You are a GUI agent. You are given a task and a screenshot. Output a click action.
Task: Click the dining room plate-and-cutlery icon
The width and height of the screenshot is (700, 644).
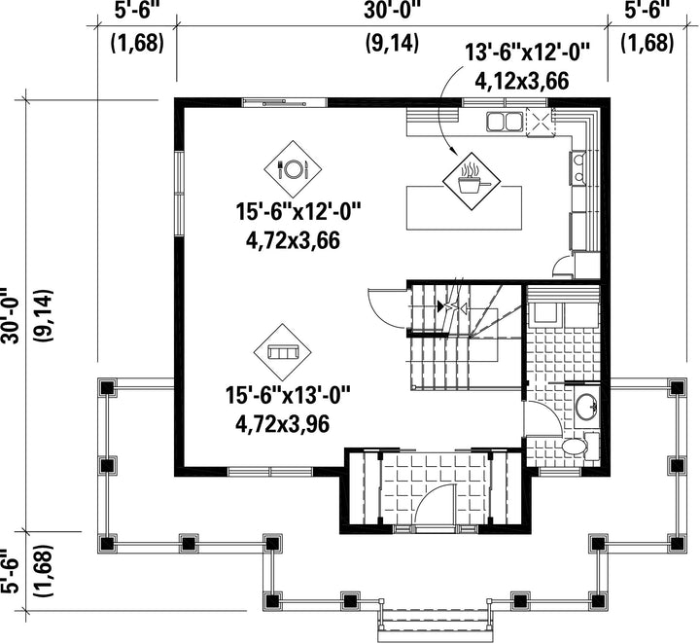(293, 169)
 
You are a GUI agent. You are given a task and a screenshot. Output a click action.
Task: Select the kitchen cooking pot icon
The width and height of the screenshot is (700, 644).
(472, 181)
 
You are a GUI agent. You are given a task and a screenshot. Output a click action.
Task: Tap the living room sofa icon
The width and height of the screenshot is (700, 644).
(283, 352)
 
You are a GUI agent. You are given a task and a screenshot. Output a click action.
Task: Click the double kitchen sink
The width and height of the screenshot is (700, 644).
(505, 121)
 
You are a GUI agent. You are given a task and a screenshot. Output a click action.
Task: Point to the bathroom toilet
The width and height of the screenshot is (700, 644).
(575, 446)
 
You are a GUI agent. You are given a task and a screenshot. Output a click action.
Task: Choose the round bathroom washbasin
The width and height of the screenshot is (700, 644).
(586, 406)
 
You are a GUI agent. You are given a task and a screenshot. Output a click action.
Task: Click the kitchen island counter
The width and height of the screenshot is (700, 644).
(464, 208)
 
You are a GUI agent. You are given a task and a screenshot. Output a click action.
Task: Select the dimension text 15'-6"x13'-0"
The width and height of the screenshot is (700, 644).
(288, 396)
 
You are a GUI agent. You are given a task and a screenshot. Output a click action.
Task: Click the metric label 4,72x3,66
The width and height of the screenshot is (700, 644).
(293, 240)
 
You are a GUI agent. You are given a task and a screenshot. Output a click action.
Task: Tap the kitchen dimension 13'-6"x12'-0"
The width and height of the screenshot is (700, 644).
(528, 52)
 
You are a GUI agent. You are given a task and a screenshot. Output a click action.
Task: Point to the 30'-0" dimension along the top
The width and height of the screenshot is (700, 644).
(392, 10)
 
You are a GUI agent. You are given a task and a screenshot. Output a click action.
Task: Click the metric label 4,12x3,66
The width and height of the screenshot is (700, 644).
(521, 82)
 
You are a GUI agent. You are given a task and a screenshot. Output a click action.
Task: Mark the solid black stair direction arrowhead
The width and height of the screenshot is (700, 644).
(441, 306)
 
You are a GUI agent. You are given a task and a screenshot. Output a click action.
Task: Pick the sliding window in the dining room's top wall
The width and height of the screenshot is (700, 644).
(285, 102)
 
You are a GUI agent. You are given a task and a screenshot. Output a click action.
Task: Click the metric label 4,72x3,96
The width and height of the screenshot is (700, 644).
(282, 424)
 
